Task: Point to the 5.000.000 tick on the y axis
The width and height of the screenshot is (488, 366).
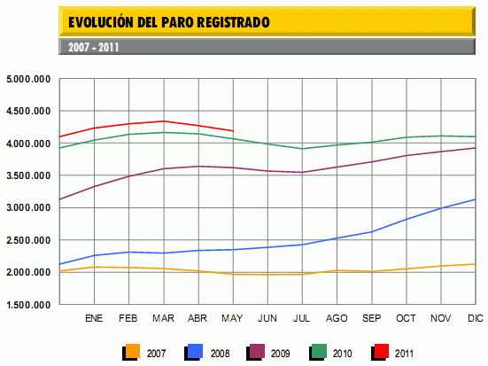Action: tap(27, 79)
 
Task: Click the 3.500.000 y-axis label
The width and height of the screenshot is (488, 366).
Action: tap(27, 175)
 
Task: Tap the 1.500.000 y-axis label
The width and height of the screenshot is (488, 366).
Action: tap(27, 305)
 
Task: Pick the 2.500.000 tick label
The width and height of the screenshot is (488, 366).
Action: tap(27, 240)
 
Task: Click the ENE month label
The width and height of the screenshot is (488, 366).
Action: tap(95, 316)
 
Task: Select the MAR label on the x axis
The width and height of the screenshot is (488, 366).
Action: tap(163, 316)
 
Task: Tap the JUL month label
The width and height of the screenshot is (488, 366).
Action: tap(301, 316)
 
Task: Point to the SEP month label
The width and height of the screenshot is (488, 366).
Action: tap(370, 316)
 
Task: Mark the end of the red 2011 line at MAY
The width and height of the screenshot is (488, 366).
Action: tap(232, 131)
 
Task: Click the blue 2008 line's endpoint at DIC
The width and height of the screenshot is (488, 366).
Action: tap(476, 199)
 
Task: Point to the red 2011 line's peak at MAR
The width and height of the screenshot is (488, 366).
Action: tap(163, 121)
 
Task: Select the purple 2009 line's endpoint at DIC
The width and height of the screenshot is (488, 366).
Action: tap(476, 148)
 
